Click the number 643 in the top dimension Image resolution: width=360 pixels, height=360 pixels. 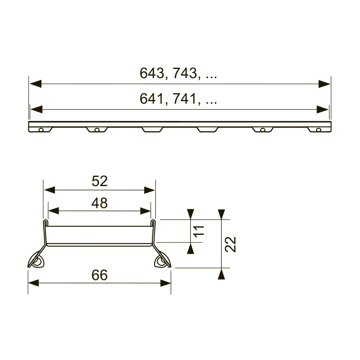pos(152,73)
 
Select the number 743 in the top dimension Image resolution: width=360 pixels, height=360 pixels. pos(185,73)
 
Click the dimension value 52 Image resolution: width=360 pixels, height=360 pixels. pos(99,181)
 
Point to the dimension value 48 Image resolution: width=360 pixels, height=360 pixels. pos(99,203)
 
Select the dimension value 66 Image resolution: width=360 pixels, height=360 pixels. pos(99,275)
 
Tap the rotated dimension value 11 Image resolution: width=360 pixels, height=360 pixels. pos(199,231)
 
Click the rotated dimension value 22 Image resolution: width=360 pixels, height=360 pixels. pos(230,244)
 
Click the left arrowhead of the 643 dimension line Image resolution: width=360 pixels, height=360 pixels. pos(35,84)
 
